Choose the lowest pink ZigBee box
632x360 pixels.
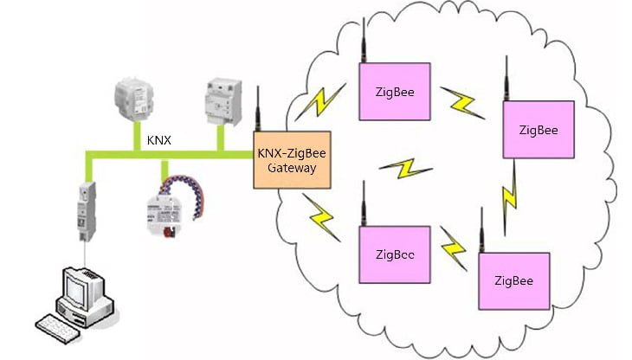pos(513,281)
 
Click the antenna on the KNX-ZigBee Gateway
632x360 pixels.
pos(258,108)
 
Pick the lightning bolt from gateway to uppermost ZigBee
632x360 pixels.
pos(318,101)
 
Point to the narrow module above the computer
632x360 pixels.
pos(87,213)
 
